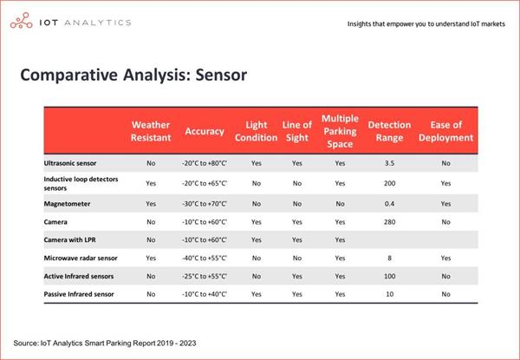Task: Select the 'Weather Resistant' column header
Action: pos(151,131)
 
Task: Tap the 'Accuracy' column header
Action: pos(205,131)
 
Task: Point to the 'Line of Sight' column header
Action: pos(297,131)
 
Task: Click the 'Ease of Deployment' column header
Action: pos(445,131)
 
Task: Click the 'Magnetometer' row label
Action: pos(67,203)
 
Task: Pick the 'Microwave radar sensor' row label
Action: pos(81,258)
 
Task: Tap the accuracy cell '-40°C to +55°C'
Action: pos(205,258)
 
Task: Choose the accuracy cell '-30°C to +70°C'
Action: pos(205,203)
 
